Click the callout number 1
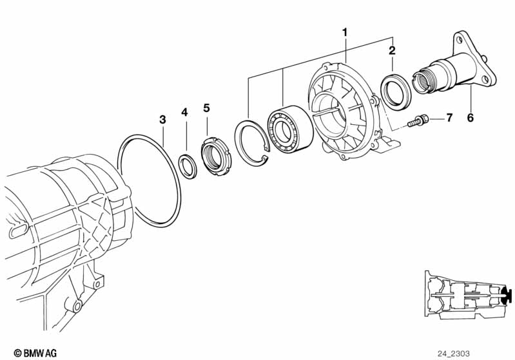pyautogui.click(x=345, y=32)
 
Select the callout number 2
pyautogui.click(x=391, y=50)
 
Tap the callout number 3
pyautogui.click(x=162, y=119)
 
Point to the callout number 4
pyautogui.click(x=184, y=112)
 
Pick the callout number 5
pyautogui.click(x=206, y=107)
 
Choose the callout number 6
pyautogui.click(x=470, y=118)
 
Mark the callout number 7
pyautogui.click(x=449, y=118)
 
